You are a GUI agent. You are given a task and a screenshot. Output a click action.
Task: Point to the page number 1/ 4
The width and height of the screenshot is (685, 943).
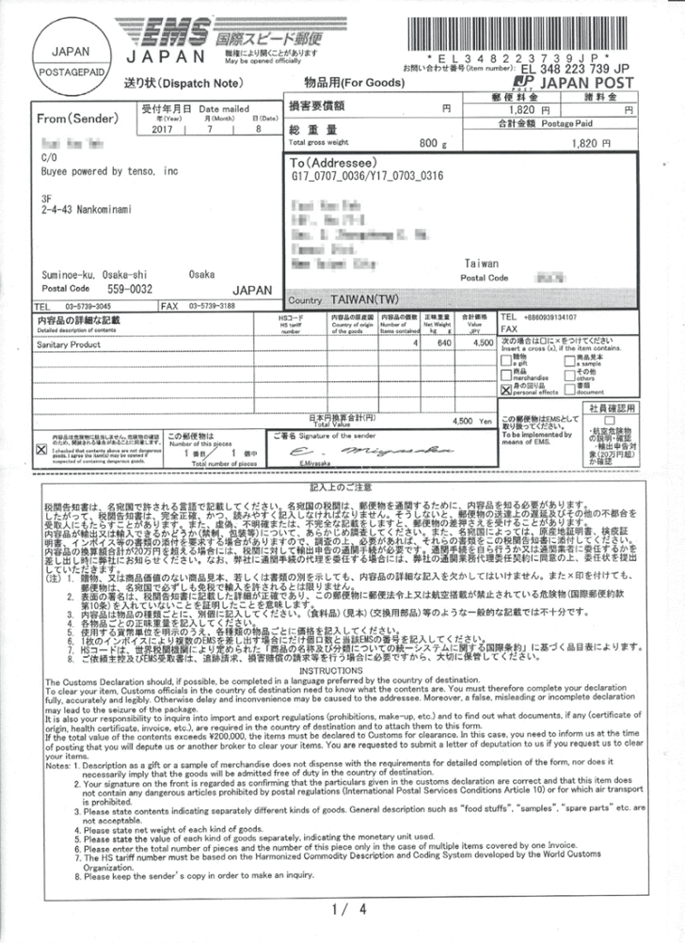click(x=342, y=909)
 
